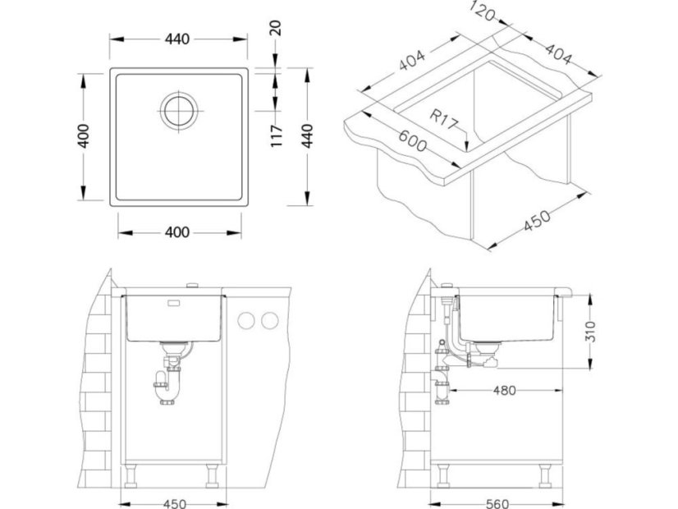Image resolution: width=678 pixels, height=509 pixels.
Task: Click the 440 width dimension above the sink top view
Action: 177,39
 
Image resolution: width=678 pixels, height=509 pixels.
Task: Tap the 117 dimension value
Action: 277,135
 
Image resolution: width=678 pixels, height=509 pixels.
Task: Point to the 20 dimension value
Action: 276,28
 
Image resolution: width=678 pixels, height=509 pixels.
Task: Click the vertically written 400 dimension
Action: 83,135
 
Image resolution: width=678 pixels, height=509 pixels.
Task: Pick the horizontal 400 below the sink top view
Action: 177,232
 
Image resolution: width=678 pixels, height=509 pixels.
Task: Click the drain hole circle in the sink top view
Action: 179,111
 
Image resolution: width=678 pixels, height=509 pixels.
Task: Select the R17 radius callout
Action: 443,120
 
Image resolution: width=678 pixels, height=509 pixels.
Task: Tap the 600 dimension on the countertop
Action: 412,141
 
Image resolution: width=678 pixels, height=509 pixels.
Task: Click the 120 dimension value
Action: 482,11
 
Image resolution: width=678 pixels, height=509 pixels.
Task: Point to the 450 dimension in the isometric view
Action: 538,220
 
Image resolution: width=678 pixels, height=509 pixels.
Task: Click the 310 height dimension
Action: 590,332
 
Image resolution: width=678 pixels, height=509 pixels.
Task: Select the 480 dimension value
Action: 505,391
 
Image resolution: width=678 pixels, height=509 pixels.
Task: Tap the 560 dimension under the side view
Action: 497,504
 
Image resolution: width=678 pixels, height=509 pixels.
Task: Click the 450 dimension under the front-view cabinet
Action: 175,504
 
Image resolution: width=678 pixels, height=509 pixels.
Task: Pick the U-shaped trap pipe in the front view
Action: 166,387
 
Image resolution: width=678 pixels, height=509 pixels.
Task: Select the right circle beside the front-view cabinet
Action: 270,320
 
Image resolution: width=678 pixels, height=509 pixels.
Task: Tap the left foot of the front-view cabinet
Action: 131,476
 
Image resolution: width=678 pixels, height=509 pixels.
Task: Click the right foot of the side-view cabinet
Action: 546,476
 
